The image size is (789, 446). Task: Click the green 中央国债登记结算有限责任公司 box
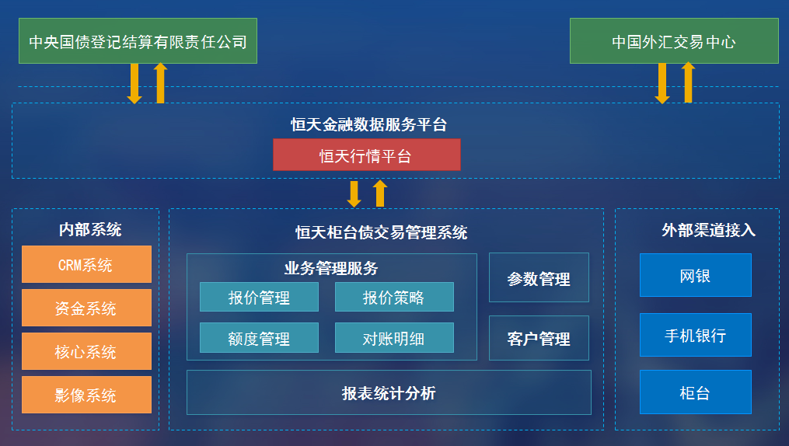pyautogui.click(x=138, y=40)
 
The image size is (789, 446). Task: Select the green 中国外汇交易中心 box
pyautogui.click(x=674, y=40)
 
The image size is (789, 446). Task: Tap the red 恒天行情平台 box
pyautogui.click(x=366, y=155)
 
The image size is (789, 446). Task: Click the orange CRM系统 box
pyautogui.click(x=86, y=264)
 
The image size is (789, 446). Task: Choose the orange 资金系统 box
pyautogui.click(x=86, y=308)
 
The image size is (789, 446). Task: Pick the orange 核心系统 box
pyautogui.click(x=86, y=351)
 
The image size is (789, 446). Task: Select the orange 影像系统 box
pyautogui.click(x=86, y=395)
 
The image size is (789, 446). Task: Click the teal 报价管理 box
pyautogui.click(x=259, y=297)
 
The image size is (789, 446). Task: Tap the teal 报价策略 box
pyautogui.click(x=394, y=297)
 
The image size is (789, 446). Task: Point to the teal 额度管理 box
pyautogui.click(x=259, y=338)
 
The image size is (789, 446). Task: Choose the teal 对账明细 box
pyautogui.click(x=394, y=338)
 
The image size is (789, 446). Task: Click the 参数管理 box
pyautogui.click(x=539, y=277)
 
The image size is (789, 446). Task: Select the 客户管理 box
pyautogui.click(x=539, y=338)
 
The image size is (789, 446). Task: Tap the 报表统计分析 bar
pyautogui.click(x=389, y=392)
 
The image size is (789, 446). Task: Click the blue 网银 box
pyautogui.click(x=696, y=275)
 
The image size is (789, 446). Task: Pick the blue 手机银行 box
pyautogui.click(x=696, y=335)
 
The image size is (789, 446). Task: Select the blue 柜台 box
pyautogui.click(x=696, y=392)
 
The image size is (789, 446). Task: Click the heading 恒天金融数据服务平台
pyautogui.click(x=368, y=124)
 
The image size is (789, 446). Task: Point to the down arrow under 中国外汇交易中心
pyautogui.click(x=662, y=83)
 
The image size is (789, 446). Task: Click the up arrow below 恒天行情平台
pyautogui.click(x=380, y=193)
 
